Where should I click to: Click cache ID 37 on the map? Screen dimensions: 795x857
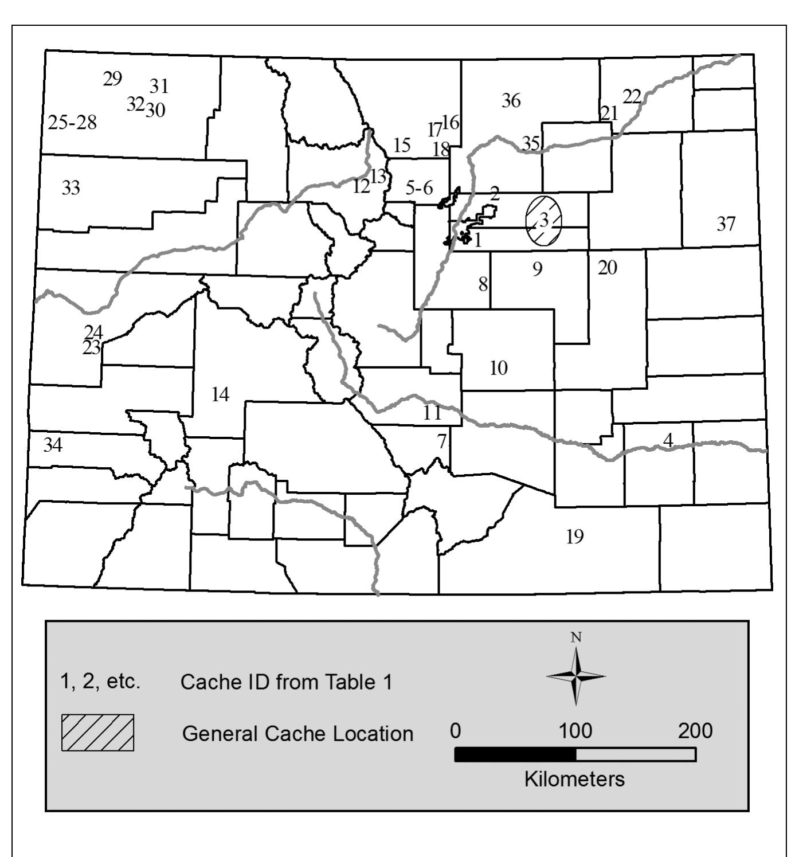(726, 224)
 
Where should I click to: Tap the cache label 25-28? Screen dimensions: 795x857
(72, 123)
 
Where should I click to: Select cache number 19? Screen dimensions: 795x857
(575, 537)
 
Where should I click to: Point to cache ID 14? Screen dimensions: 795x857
(220, 394)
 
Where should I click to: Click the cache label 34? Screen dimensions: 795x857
(53, 445)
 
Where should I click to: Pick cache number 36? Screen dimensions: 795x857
(511, 101)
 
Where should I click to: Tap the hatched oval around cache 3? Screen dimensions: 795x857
(544, 220)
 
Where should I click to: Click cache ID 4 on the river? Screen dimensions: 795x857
(667, 440)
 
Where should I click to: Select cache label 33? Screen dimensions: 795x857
(71, 187)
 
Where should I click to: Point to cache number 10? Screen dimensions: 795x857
(499, 368)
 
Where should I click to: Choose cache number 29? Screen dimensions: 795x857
(112, 79)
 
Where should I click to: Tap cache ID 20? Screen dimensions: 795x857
(608, 267)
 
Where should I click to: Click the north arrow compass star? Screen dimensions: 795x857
(576, 676)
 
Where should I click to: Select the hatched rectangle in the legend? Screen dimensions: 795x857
(97, 732)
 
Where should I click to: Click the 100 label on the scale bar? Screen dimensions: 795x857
(575, 731)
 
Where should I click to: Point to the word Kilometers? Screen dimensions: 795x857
(574, 779)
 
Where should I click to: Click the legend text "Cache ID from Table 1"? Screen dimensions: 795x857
(287, 682)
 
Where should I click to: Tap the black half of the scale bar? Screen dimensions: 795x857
(515, 754)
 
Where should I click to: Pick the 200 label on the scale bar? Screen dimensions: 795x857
(695, 731)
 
